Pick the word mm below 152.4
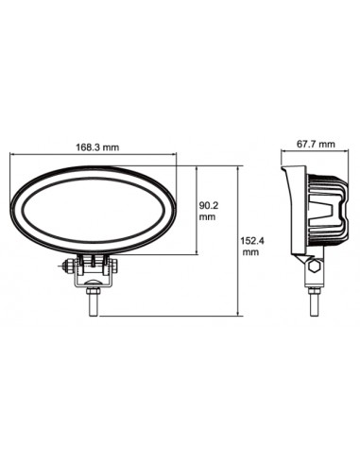tap(249, 253)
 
